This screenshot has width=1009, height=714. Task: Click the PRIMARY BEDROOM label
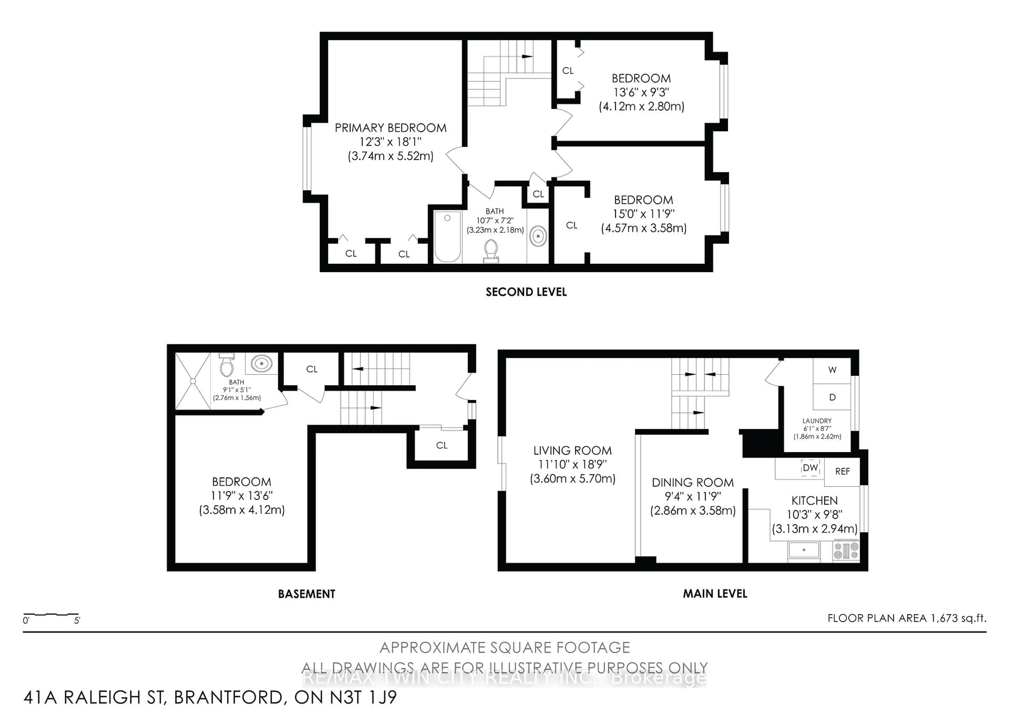click(390, 128)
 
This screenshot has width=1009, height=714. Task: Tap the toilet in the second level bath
click(491, 251)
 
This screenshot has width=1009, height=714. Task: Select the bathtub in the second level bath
click(447, 237)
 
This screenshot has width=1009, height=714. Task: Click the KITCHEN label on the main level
click(814, 501)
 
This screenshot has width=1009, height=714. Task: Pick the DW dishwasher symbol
click(810, 468)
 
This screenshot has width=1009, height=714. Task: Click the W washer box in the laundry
click(832, 370)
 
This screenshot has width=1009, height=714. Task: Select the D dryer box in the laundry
click(832, 397)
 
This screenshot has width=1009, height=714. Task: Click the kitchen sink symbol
click(804, 550)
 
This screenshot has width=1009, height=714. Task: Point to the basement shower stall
click(193, 381)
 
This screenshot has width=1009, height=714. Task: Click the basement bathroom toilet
click(226, 365)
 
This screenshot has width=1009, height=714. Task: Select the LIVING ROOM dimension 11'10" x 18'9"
click(572, 465)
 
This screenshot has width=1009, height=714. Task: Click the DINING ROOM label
click(693, 482)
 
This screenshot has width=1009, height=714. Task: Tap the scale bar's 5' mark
click(77, 621)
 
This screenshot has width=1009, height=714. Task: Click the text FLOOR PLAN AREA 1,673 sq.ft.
click(907, 618)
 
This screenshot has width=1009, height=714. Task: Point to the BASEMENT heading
click(306, 594)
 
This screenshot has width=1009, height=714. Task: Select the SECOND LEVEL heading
click(526, 292)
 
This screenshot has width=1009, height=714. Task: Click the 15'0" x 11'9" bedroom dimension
click(644, 214)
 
